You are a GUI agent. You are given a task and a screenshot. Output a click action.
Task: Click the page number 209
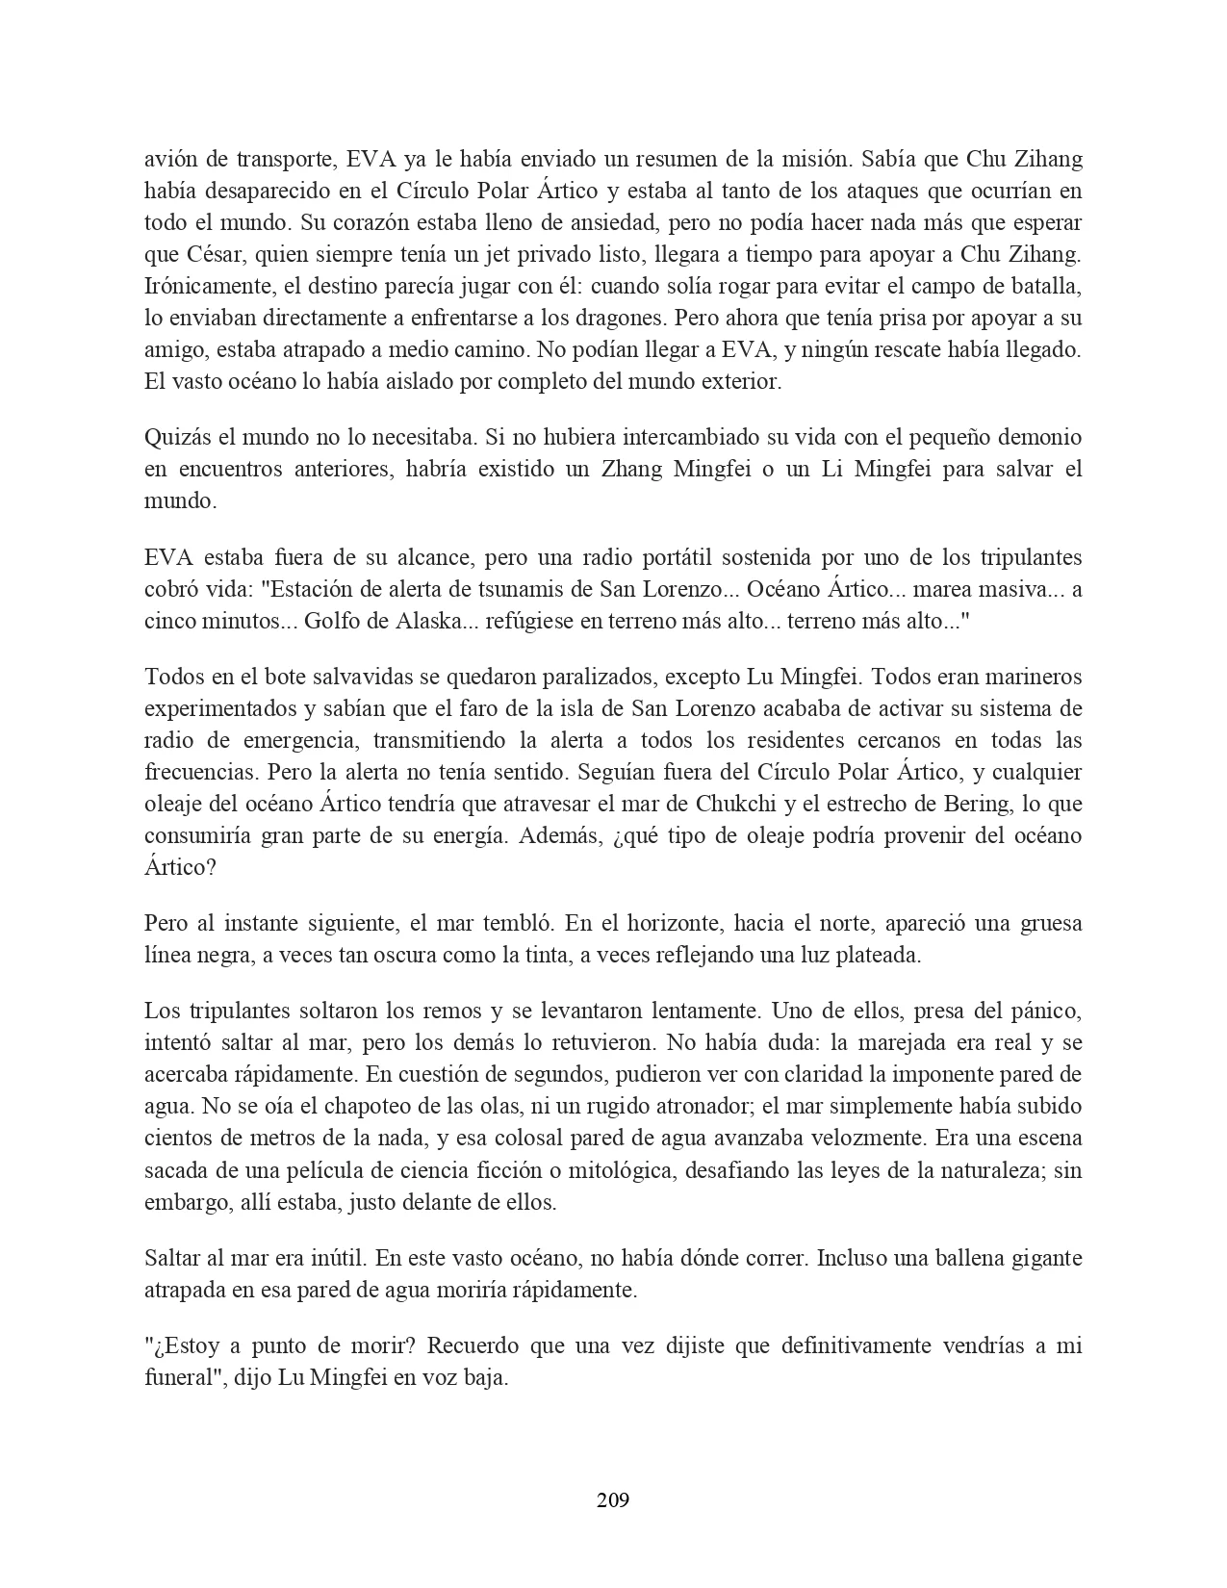[613, 1499]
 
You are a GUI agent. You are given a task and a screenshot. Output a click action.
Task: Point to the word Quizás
[177, 438]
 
